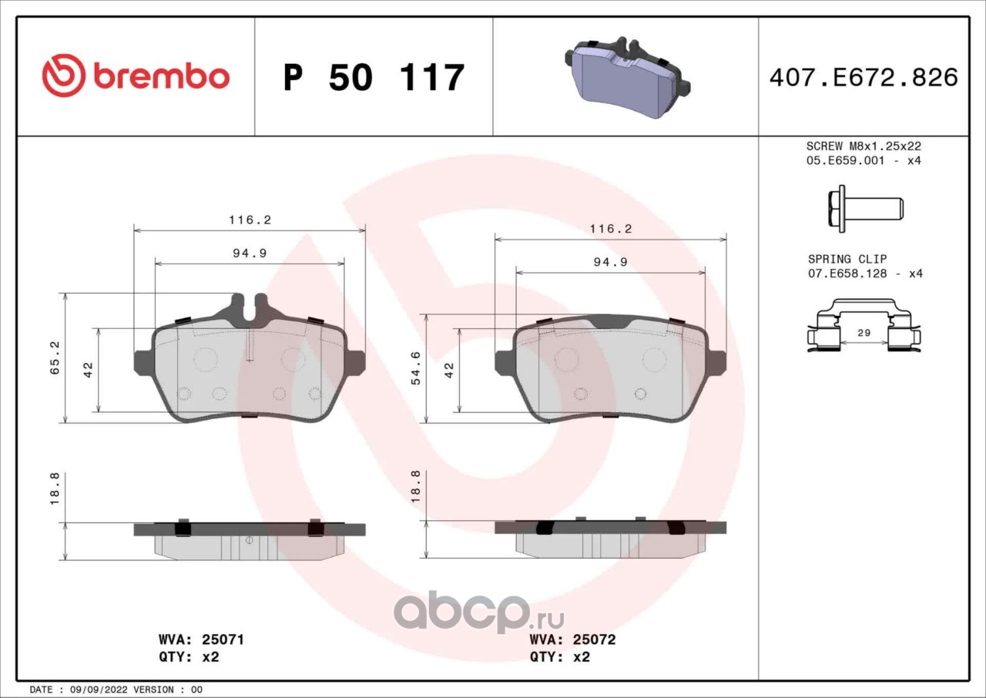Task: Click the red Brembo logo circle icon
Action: pos(64,76)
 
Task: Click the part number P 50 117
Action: pos(374,78)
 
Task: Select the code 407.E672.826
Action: pos(864,78)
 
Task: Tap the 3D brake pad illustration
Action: pos(627,78)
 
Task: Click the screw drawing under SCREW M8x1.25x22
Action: pos(865,209)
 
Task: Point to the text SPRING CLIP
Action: pos(847,259)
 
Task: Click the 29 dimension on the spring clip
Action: pos(864,333)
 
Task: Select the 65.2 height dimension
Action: pos(55,357)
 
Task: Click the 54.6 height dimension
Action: pos(416,368)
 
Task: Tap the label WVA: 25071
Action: pos(201,639)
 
